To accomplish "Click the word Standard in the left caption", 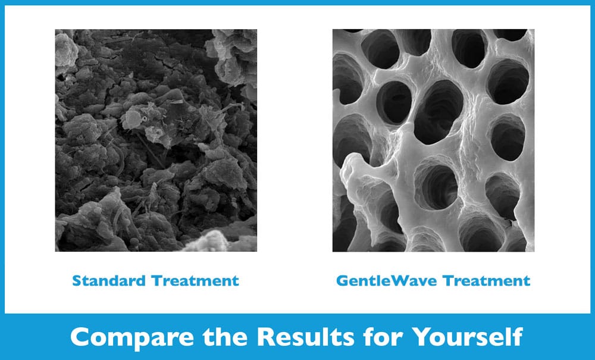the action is click(x=109, y=281).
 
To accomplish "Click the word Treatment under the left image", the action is click(x=195, y=281).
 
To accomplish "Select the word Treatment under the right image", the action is click(x=487, y=281).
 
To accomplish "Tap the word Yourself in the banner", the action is click(x=468, y=336).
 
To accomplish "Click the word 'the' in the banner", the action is click(x=226, y=336).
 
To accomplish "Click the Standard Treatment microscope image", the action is click(x=156, y=140).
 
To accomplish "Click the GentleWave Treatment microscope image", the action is click(x=433, y=140).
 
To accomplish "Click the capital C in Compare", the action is click(x=80, y=337).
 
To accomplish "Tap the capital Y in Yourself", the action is click(x=422, y=336).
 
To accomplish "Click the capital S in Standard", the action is click(x=77, y=281).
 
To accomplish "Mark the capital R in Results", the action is click(x=266, y=337).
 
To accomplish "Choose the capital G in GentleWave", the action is click(x=342, y=281).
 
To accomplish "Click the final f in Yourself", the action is click(x=516, y=336).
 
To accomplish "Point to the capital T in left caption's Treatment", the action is click(x=157, y=281).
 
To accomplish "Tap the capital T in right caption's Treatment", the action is click(x=449, y=281).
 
